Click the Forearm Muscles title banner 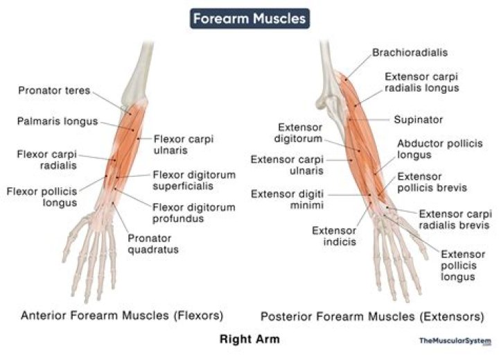point(250,19)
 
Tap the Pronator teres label point(54,90)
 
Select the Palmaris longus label point(58,121)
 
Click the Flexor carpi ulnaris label point(184,144)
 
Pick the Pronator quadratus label point(154,244)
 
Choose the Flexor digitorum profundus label point(193,213)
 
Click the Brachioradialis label point(410,53)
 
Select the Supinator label point(418,119)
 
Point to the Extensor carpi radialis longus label point(421,83)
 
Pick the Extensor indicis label point(334,237)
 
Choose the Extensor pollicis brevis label point(432,182)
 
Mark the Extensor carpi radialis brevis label point(455,219)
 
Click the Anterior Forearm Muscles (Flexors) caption point(122,316)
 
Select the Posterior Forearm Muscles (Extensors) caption point(372,316)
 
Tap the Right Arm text point(249,340)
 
